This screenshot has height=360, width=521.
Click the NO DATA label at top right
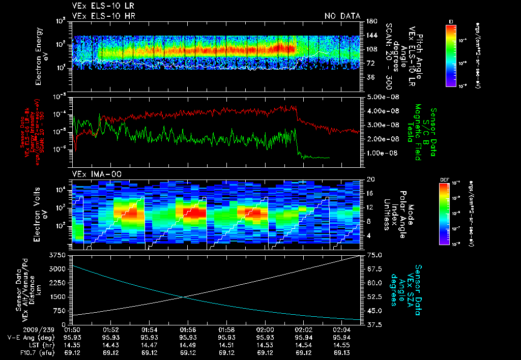(342, 16)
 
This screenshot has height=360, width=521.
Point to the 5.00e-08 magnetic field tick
(381, 97)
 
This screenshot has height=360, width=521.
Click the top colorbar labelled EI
(451, 54)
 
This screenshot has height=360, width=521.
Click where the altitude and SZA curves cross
(185, 297)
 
